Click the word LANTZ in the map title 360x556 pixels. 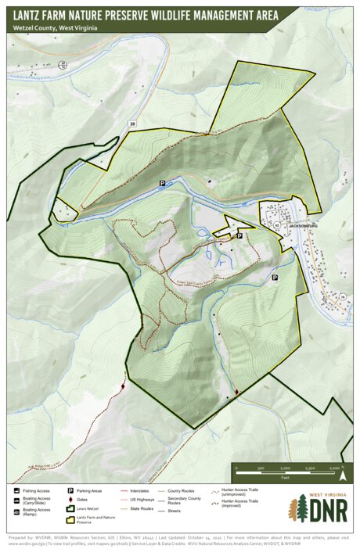[x=29, y=13]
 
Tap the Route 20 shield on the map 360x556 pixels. [x=132, y=124]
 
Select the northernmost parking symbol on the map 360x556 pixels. [x=163, y=182]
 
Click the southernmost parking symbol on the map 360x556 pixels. [x=275, y=277]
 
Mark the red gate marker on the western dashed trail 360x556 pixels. [x=123, y=386]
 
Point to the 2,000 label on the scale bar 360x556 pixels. [x=334, y=468]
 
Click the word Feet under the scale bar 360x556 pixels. [x=286, y=476]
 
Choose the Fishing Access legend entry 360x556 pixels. [x=31, y=490]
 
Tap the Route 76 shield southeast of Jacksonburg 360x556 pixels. [x=342, y=296]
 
